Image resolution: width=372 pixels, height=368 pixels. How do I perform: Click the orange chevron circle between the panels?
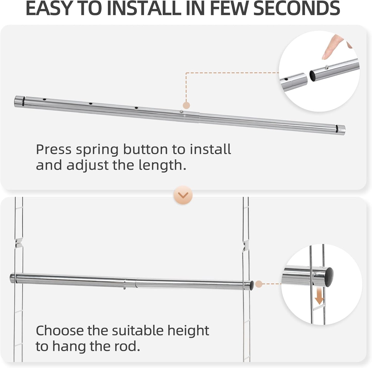coord(183,195)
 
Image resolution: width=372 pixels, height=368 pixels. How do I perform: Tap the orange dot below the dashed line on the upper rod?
coord(186,105)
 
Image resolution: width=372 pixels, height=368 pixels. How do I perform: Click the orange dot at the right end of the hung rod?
coord(259,284)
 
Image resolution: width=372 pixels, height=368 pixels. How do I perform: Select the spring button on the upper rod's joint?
coord(181,112)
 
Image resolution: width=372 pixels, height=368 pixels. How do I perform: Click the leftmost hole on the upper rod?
coord(45,99)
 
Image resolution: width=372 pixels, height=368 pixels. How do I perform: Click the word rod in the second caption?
coord(128,347)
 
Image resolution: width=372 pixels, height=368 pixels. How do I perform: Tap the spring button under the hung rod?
coord(124,288)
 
